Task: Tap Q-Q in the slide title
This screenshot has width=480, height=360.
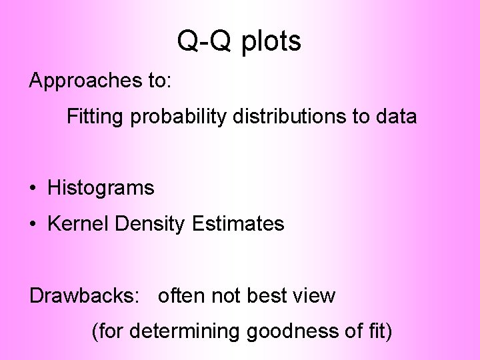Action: coord(205,42)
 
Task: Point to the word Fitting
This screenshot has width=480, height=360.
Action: coord(96,117)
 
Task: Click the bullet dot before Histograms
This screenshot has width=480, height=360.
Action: coord(33,189)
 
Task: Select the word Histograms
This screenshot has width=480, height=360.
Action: coord(101,189)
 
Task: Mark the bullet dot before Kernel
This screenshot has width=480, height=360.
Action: coord(33,225)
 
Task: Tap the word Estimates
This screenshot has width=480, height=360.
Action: coord(238,224)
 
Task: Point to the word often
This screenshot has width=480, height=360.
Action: coord(182,295)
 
